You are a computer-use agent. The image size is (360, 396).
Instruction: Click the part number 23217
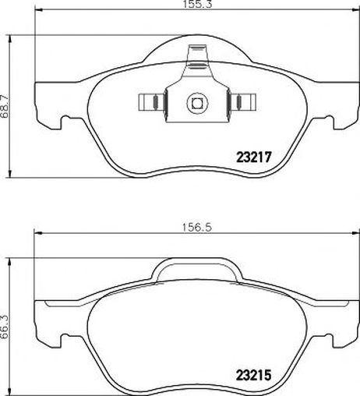[253, 157]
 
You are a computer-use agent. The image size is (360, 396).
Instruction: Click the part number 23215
[253, 375]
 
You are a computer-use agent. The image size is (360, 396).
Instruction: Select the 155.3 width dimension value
[197, 4]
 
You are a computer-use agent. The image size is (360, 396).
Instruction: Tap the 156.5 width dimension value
[196, 228]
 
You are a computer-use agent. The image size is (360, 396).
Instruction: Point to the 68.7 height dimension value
[5, 107]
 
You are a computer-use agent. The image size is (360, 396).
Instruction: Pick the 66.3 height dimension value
[5, 327]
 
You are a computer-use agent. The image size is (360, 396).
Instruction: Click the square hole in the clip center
[197, 103]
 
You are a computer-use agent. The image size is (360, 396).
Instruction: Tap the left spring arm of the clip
[152, 102]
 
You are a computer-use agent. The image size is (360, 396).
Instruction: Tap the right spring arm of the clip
[242, 102]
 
